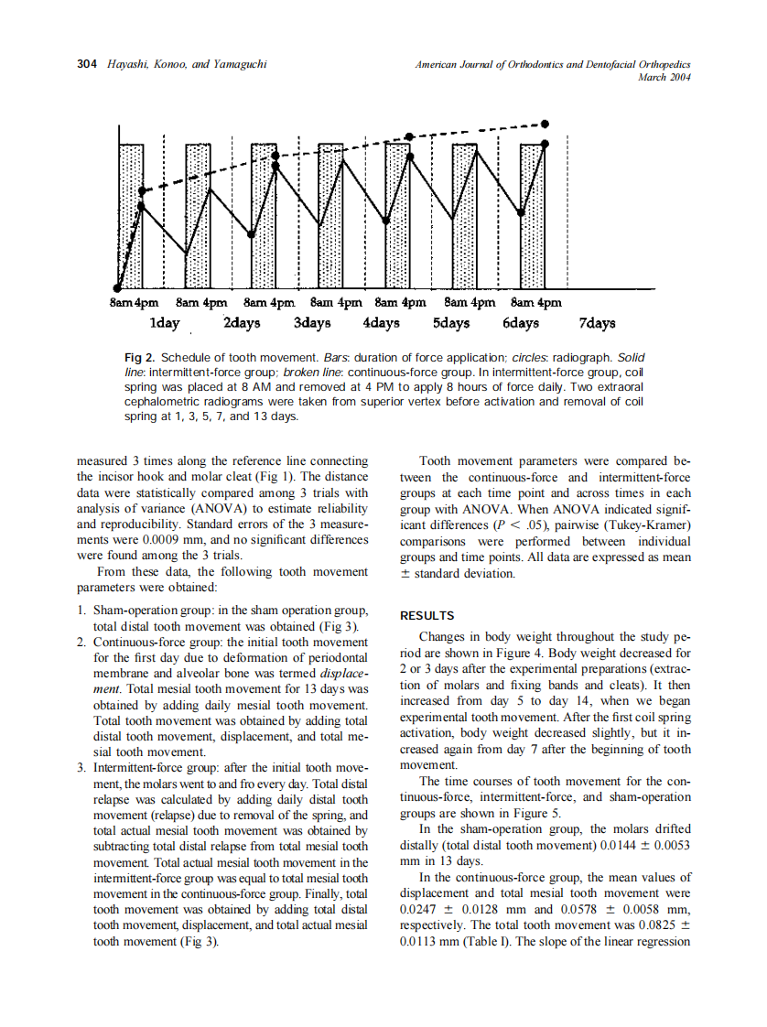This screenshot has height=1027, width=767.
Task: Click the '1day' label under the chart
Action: click(x=164, y=323)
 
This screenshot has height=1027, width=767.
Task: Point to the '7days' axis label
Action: click(x=597, y=323)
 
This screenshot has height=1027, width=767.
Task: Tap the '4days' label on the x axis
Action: click(x=381, y=323)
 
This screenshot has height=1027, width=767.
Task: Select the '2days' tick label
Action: click(x=242, y=323)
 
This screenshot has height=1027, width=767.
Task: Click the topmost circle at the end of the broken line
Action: click(x=546, y=123)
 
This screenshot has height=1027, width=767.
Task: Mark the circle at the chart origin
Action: click(x=118, y=288)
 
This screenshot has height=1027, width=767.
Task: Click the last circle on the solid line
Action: click(x=546, y=144)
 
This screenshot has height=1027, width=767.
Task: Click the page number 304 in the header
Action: click(x=86, y=64)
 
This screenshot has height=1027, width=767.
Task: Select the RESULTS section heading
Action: click(x=427, y=616)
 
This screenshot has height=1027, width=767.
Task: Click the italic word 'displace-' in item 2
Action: click(x=343, y=673)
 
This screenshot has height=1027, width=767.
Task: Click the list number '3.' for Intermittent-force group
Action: click(x=82, y=767)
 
